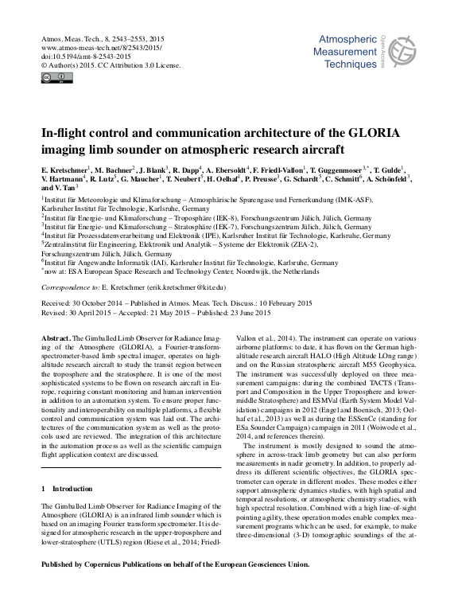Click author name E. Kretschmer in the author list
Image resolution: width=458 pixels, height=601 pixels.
(x=65, y=169)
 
